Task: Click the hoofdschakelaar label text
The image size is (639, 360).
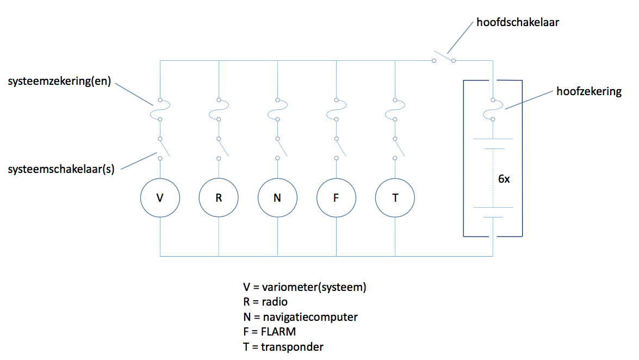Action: click(518, 22)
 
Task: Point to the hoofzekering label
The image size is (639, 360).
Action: click(589, 91)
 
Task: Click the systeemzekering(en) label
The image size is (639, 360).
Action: click(59, 81)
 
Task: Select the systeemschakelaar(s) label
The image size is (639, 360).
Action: click(61, 169)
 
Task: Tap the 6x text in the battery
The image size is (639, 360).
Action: click(504, 179)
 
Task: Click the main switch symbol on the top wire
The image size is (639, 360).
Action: click(444, 58)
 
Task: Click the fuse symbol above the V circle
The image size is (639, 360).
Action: click(160, 110)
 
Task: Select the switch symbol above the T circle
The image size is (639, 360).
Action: click(399, 148)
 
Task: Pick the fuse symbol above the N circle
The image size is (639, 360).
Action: click(277, 110)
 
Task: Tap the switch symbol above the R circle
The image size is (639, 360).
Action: click(223, 148)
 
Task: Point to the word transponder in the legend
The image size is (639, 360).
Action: click(292, 347)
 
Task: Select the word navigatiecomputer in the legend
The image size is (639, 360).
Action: click(310, 317)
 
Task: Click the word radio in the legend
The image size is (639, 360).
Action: click(275, 302)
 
